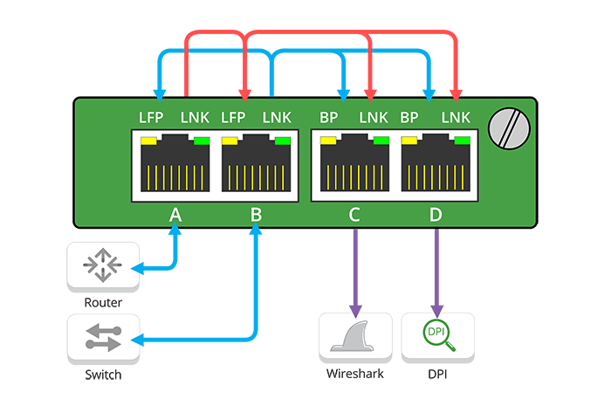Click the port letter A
[175, 215]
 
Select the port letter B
[256, 215]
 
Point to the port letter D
[436, 215]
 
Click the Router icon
[103, 267]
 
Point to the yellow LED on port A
[148, 140]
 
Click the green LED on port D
[462, 140]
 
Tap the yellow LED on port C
[330, 140]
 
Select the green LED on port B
[282, 140]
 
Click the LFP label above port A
[152, 117]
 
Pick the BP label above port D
[409, 117]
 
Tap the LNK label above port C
[373, 117]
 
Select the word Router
[103, 302]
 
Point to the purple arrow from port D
[436, 271]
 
